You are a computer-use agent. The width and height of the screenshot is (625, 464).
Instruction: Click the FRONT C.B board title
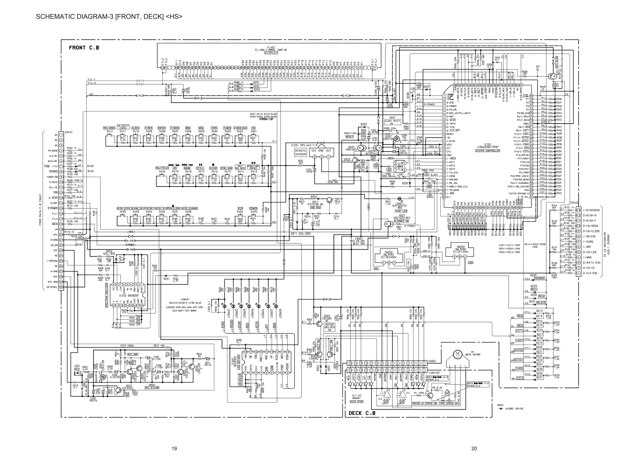tap(84, 48)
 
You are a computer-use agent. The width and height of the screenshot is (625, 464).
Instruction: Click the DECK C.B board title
tap(362, 413)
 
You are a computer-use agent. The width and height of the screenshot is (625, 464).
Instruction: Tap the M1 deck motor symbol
tap(457, 354)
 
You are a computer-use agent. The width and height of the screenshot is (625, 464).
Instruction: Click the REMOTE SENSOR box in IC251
tap(300, 152)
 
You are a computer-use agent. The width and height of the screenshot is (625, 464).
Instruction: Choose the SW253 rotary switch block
tap(461, 250)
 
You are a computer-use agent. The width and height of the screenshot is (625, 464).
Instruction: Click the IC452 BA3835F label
tap(128, 295)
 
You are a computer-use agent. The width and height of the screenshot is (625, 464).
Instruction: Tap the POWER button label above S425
tap(253, 208)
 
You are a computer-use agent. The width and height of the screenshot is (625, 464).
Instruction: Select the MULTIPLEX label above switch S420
tap(162, 168)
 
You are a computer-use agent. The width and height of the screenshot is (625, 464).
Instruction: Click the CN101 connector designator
tap(68, 132)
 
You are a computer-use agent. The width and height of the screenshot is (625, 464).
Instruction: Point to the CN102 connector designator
tap(574, 203)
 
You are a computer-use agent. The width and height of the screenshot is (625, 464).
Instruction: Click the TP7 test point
tap(537, 67)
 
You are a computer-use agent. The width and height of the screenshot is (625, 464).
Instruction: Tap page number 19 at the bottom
tap(174, 448)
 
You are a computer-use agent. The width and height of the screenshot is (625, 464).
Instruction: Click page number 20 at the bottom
tap(474, 448)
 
